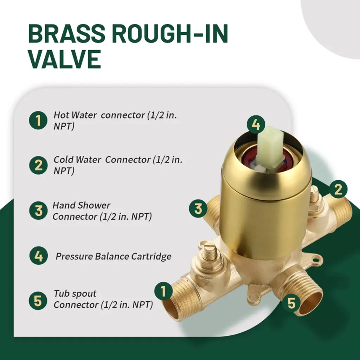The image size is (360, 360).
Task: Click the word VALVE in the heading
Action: tap(65, 59)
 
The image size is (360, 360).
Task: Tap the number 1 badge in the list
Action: tap(38, 120)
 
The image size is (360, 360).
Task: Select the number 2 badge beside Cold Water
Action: tap(38, 165)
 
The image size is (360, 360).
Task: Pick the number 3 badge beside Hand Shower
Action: tap(38, 210)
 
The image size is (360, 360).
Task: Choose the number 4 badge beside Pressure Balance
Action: tap(39, 256)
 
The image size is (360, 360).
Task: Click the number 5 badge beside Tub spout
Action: tap(38, 301)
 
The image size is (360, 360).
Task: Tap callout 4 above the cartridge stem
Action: tap(256, 125)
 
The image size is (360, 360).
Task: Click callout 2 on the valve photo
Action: tap(338, 189)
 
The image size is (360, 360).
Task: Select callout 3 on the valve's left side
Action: tap(198, 209)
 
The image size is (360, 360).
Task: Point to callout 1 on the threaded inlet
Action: tap(163, 291)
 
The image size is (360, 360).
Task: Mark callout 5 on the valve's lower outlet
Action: tap(291, 303)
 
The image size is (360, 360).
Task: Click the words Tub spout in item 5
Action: tap(75, 294)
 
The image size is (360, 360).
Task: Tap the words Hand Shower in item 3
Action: tap(82, 205)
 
